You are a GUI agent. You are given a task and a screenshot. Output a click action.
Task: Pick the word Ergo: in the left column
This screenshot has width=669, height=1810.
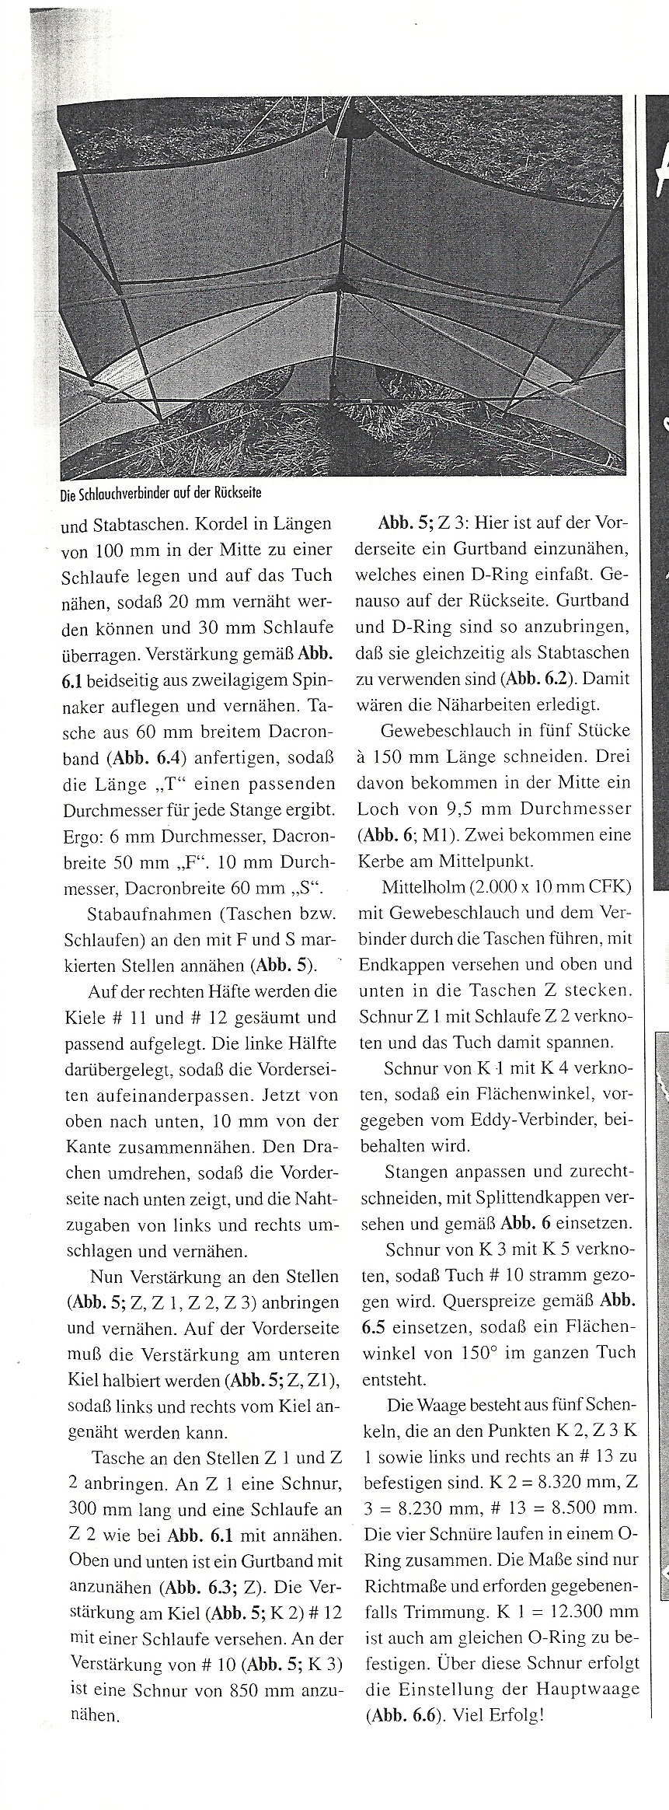(x=83, y=836)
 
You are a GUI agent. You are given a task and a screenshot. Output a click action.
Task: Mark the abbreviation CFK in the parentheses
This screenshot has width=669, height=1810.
(x=612, y=888)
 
